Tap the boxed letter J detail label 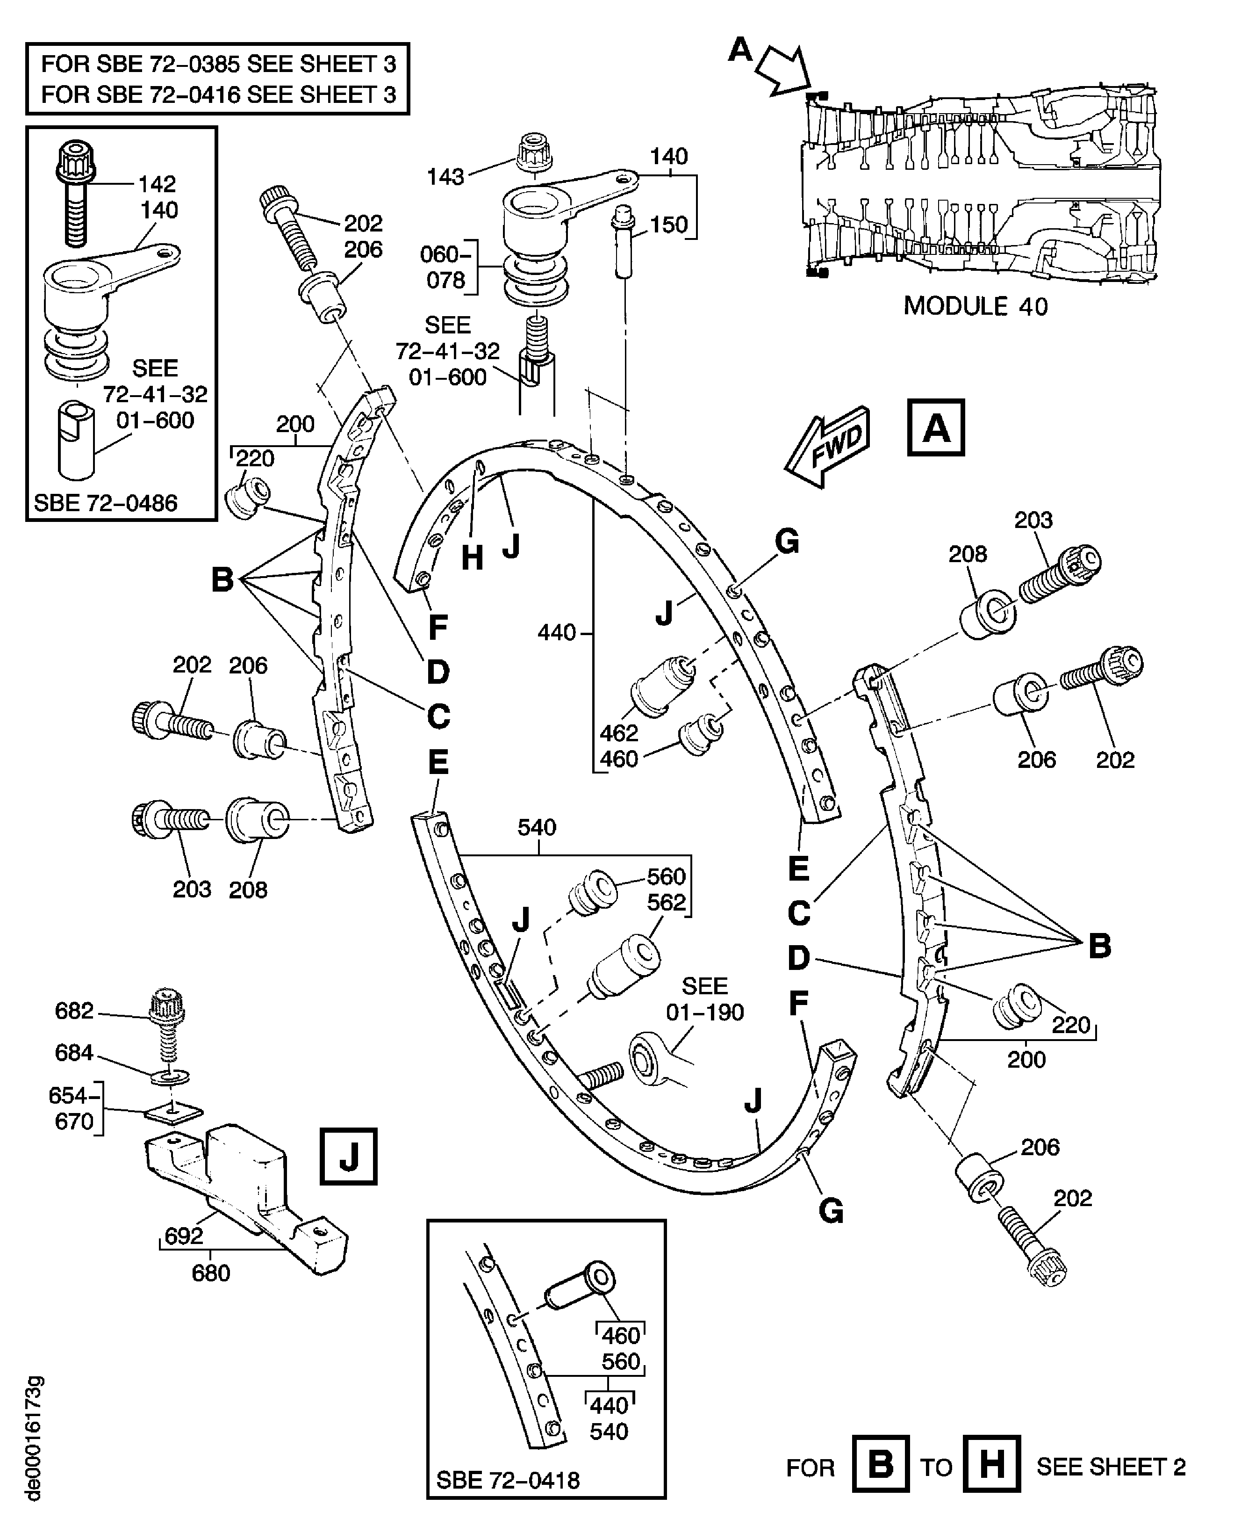(348, 1156)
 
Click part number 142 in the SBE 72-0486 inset (157, 184)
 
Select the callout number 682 (74, 1011)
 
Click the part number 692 (184, 1236)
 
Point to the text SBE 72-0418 (508, 1480)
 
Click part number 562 (666, 903)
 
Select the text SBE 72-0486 (106, 503)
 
